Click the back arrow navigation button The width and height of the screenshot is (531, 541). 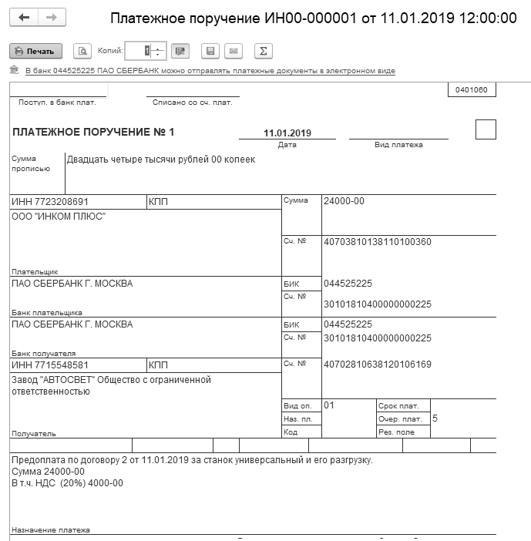tap(24, 17)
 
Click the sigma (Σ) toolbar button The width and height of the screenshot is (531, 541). tap(264, 51)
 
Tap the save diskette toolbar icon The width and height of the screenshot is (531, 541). tap(209, 51)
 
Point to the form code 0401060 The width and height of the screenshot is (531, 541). tap(471, 90)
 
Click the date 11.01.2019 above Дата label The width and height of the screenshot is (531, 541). tap(287, 133)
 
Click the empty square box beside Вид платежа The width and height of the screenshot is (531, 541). tap(486, 129)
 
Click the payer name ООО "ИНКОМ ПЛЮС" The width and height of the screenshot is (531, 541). tap(59, 217)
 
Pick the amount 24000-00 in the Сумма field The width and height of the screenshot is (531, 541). tap(344, 201)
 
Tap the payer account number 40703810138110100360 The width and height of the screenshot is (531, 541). tap(378, 242)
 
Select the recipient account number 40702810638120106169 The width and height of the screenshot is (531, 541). tap(378, 364)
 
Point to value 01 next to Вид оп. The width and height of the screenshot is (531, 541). tap(329, 405)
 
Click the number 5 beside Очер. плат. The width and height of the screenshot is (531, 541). tap(435, 418)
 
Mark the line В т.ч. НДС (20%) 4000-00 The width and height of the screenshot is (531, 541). tap(67, 484)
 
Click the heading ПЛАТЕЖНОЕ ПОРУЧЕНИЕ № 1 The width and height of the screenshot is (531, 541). tap(94, 133)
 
